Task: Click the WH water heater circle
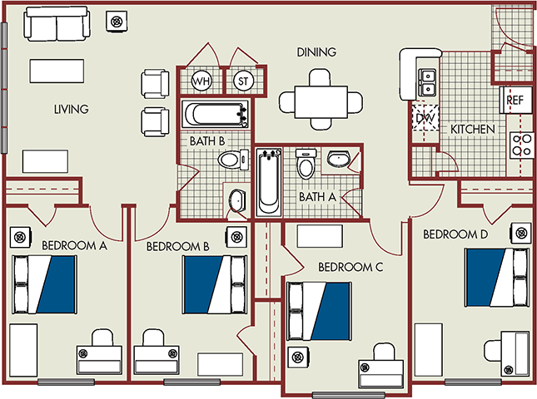(201, 81)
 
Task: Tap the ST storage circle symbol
(243, 81)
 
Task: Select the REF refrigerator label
(514, 99)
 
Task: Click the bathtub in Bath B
(215, 115)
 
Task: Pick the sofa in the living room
(57, 25)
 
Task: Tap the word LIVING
(72, 109)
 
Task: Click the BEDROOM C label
(351, 267)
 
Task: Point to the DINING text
(316, 52)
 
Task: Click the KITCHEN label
(473, 130)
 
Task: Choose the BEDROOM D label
(454, 234)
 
